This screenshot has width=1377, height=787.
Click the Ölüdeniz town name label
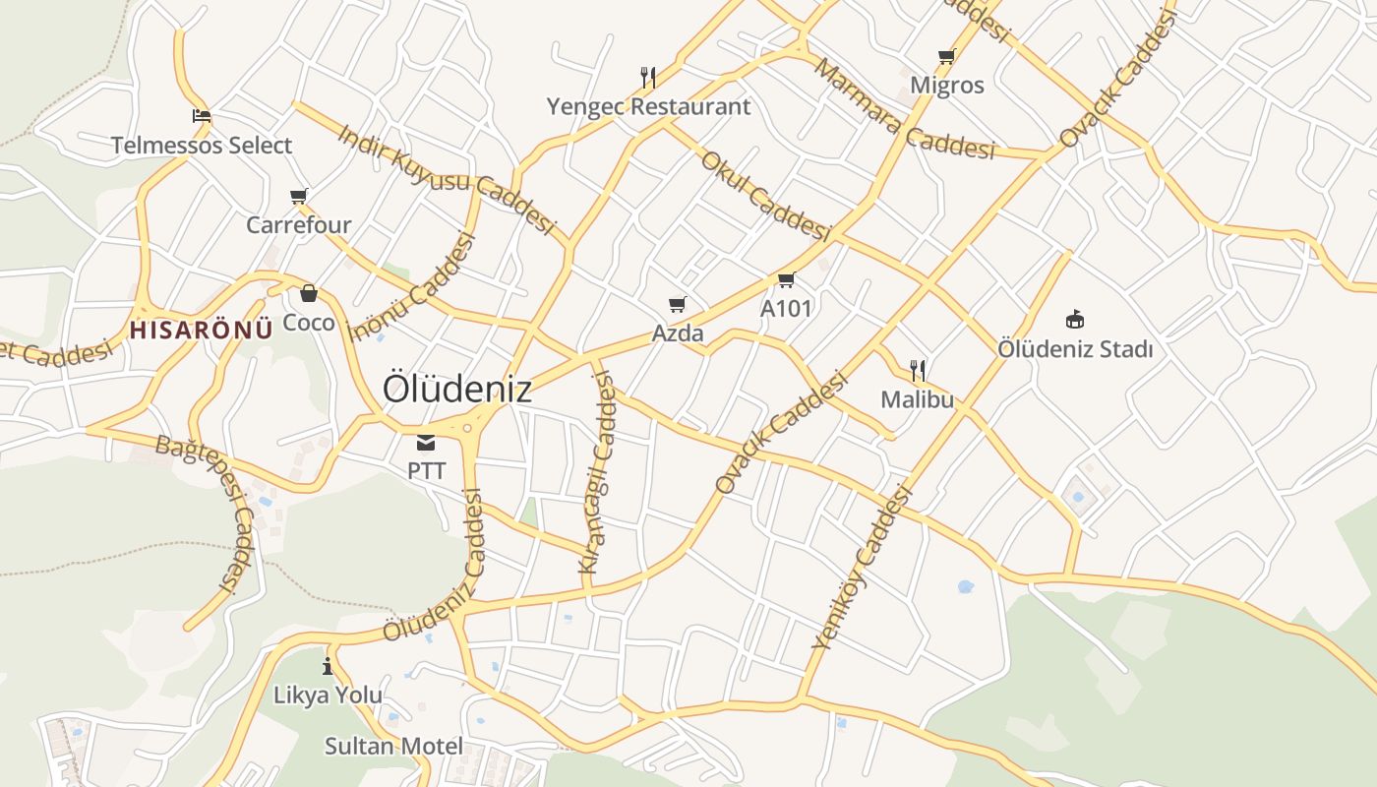coord(457,389)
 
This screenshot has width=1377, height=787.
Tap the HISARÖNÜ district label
coord(201,330)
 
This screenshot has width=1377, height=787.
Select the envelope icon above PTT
coord(426,443)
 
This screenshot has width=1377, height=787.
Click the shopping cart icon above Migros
coord(946,56)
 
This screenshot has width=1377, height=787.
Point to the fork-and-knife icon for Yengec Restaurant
coord(647,76)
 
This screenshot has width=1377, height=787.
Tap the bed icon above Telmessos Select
coord(202,116)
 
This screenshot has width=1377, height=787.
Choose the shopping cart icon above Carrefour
coord(299,196)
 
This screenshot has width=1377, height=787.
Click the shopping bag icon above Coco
coord(309,293)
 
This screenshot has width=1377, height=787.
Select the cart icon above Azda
coord(677,304)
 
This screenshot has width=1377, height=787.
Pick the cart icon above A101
coord(786,280)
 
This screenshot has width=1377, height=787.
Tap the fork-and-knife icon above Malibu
coord(918,370)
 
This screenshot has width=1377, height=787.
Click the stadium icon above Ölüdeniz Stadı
coord(1075,319)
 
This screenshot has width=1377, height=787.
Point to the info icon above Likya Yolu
coord(328,666)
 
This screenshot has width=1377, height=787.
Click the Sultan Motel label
coord(393,746)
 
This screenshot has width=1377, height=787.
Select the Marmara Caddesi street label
coord(905,108)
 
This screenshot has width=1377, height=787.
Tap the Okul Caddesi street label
coord(765,195)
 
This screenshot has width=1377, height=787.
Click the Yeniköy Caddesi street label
coord(863,568)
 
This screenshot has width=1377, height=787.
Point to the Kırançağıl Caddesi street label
coord(597,472)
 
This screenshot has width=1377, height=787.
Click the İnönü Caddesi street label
coord(413,286)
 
